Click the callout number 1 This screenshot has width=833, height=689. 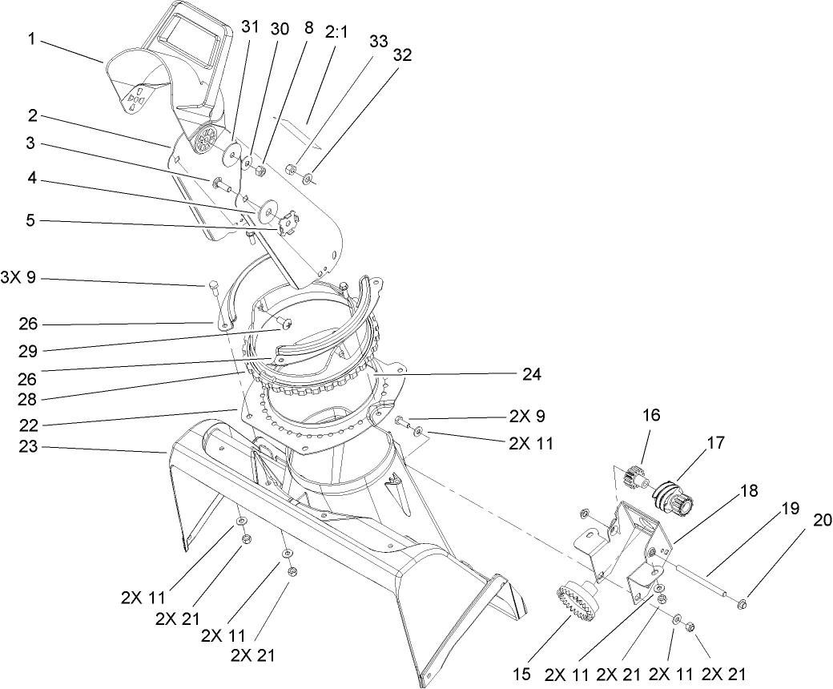tap(31, 39)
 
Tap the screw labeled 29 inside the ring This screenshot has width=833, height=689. tap(285, 323)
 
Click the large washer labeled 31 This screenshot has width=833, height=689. tap(235, 151)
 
